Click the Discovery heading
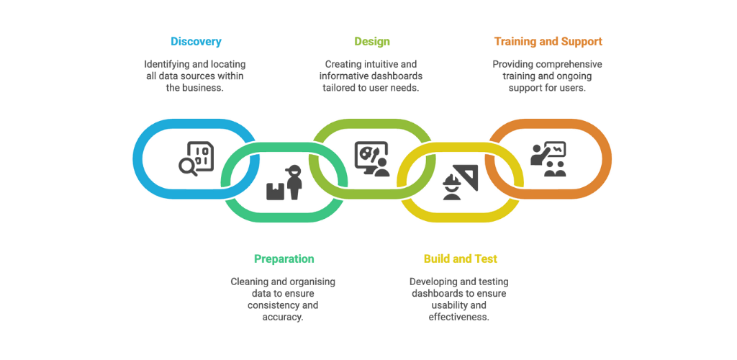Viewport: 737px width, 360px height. click(196, 41)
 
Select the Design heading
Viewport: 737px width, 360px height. click(372, 41)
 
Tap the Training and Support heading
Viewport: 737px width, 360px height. click(548, 41)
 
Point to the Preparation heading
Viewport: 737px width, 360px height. click(284, 258)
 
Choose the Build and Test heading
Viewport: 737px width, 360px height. click(461, 258)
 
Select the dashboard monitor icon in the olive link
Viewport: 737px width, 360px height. click(372, 159)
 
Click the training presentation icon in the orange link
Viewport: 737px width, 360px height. click(548, 159)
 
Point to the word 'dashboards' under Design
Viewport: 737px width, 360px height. click(397, 76)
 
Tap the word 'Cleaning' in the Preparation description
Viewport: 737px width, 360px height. click(249, 282)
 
